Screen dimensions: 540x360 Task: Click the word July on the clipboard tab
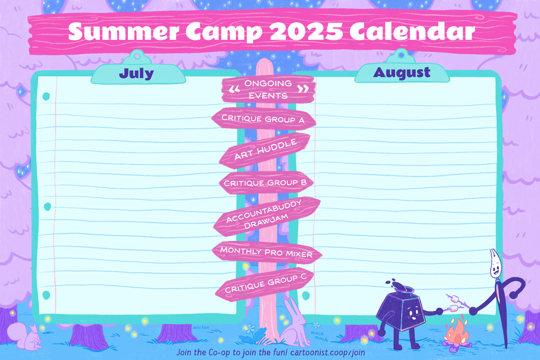point(137,73)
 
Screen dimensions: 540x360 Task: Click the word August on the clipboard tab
point(402,72)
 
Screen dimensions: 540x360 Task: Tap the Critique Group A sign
point(264,119)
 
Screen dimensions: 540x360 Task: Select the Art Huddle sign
point(265,150)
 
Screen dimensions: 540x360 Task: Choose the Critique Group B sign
point(266,182)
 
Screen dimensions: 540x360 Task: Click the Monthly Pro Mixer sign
point(267,252)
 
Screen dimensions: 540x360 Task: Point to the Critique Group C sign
point(265,283)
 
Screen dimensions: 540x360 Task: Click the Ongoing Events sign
point(268,89)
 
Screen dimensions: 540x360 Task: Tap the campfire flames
point(457,332)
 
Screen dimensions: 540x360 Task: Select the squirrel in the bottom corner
point(25,336)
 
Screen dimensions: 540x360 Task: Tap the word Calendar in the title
point(412,31)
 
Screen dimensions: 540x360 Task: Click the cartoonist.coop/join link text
point(328,352)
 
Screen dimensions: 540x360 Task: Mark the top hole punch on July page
point(46,97)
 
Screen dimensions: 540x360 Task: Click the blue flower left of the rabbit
point(251,328)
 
